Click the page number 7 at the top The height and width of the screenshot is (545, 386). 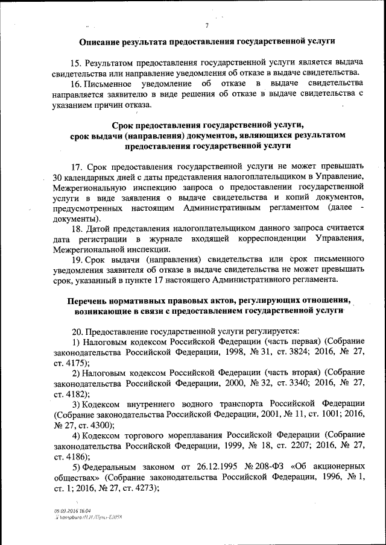coord(206,25)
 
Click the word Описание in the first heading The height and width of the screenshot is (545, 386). coord(102,42)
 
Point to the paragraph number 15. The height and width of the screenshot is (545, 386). coord(75,63)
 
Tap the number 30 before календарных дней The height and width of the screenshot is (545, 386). coord(59,176)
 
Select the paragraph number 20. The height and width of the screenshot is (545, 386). coord(77,331)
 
